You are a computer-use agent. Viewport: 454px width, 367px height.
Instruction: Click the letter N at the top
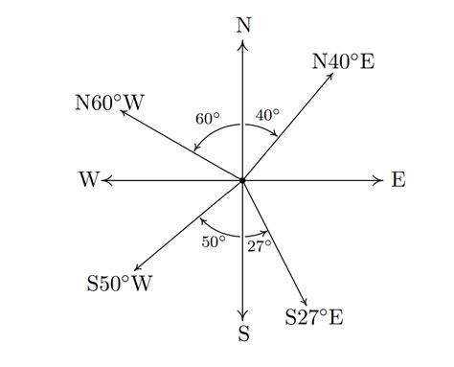pyautogui.click(x=243, y=24)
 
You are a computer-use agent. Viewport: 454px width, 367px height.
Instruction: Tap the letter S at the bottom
pyautogui.click(x=243, y=333)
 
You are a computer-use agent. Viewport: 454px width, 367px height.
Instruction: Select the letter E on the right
pyautogui.click(x=398, y=180)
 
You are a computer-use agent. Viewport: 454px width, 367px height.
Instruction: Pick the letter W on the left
pyautogui.click(x=90, y=180)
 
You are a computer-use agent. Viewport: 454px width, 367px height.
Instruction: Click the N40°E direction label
pyautogui.click(x=343, y=62)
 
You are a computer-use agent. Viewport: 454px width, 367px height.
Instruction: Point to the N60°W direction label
pyautogui.click(x=107, y=103)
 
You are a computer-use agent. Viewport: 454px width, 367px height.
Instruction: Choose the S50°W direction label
pyautogui.click(x=120, y=284)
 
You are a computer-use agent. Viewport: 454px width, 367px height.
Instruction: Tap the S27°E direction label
pyautogui.click(x=314, y=316)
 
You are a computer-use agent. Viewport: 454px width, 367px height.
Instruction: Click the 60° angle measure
pyautogui.click(x=208, y=119)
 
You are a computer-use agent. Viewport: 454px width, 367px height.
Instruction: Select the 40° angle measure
pyautogui.click(x=267, y=115)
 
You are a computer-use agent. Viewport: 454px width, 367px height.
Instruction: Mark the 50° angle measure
pyautogui.click(x=214, y=241)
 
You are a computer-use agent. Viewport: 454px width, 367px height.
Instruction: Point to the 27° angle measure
pyautogui.click(x=260, y=245)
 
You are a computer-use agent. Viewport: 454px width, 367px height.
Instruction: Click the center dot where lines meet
pyautogui.click(x=243, y=180)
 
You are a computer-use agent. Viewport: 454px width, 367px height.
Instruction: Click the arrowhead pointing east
pyautogui.click(x=381, y=180)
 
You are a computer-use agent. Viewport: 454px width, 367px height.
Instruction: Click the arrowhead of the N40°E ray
pyautogui.click(x=330, y=76)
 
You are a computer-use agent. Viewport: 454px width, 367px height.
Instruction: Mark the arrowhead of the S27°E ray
pyautogui.click(x=306, y=303)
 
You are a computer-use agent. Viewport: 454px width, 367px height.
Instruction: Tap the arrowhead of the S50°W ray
pyautogui.click(x=138, y=268)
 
